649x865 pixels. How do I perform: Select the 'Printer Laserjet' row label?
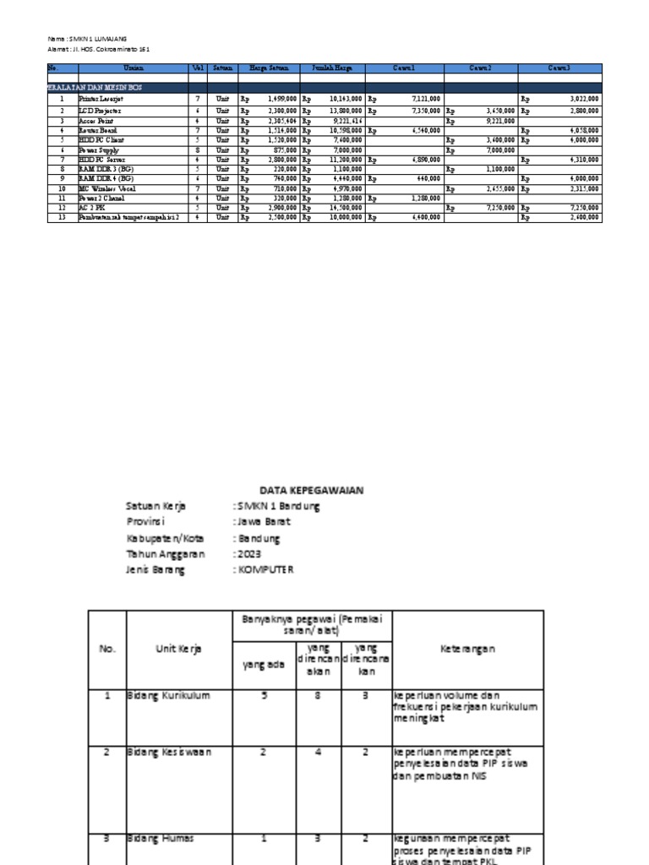[x=101, y=99]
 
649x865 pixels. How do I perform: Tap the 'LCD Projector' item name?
[x=101, y=111]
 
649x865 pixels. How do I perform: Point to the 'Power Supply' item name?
[x=99, y=150]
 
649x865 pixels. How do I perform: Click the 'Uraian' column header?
[x=132, y=68]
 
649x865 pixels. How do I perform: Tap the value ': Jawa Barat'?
[x=261, y=522]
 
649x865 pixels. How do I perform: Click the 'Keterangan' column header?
[x=467, y=649]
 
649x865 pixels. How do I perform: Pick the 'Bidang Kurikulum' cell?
[x=168, y=695]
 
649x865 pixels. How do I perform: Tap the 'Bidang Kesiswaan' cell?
[x=169, y=751]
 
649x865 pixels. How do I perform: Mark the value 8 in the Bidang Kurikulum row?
[x=316, y=695]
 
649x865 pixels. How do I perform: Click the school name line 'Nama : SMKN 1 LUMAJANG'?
[x=87, y=39]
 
